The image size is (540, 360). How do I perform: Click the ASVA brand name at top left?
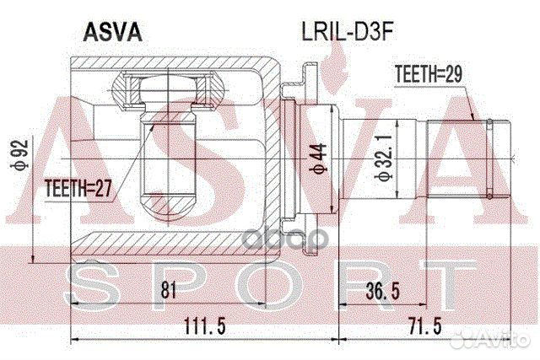click(x=112, y=33)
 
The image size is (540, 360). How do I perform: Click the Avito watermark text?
click(x=504, y=340)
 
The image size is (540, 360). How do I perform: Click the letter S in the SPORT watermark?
click(x=90, y=282)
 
